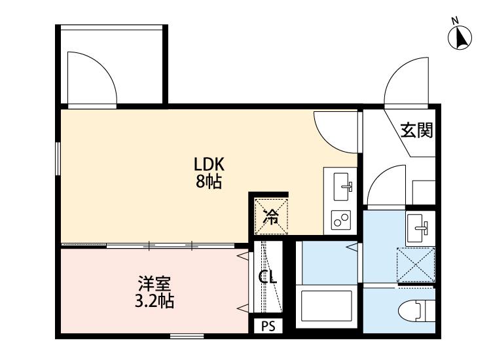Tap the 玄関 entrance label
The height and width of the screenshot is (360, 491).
point(416,131)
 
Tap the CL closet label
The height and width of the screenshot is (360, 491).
point(267,277)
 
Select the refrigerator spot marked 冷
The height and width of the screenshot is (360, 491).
point(270,215)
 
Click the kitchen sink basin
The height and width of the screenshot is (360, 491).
point(342,186)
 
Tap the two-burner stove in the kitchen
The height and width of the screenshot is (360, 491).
point(340,220)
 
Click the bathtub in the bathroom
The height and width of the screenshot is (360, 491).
point(327,306)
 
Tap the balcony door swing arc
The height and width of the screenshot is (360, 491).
point(92,79)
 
